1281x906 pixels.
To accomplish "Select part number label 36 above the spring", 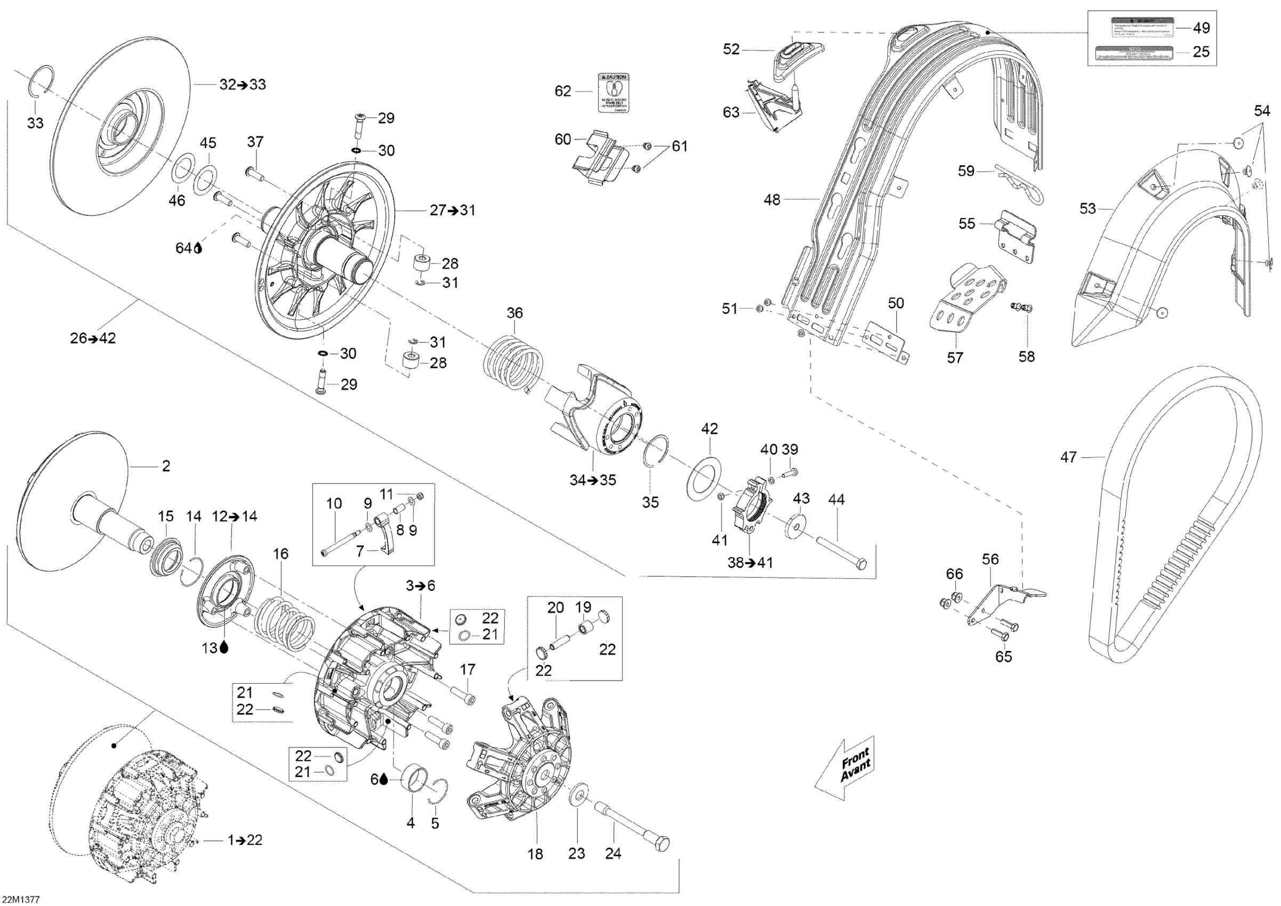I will tap(514, 313).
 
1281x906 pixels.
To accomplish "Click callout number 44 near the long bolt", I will tap(836, 500).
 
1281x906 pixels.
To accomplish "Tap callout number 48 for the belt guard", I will tap(771, 199).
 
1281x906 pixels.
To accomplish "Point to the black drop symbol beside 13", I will tap(224, 647).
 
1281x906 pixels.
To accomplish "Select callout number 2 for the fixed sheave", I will tap(166, 466).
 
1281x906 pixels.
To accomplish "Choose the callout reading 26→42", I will tap(93, 338).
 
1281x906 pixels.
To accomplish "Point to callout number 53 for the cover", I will tap(1087, 209).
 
